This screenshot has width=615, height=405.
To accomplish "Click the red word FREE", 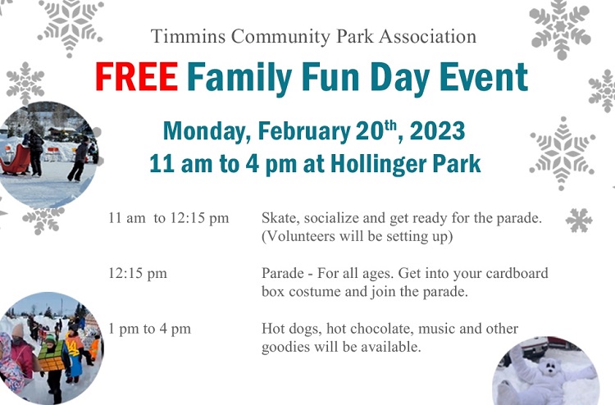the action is [x=137, y=76].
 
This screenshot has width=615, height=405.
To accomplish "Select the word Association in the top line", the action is [x=427, y=36].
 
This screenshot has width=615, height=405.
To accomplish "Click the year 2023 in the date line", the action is [x=437, y=131].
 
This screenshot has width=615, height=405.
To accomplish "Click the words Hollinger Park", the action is [x=406, y=164].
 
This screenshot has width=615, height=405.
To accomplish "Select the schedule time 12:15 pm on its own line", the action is [x=138, y=273].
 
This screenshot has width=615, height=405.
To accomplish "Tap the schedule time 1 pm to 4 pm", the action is [x=149, y=329].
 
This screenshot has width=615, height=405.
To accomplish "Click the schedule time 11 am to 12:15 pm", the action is [x=169, y=218].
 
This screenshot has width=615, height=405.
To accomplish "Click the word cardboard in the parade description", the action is [x=517, y=273].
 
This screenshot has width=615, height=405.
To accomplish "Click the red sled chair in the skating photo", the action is [x=16, y=160].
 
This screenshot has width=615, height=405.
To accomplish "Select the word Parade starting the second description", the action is [x=282, y=273].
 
